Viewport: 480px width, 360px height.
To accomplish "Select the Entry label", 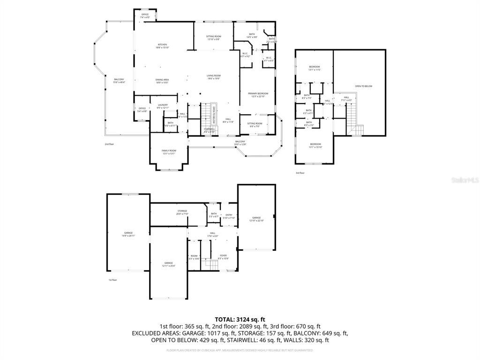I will coord(229,216).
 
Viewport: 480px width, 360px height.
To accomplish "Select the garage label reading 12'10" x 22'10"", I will coord(256,219).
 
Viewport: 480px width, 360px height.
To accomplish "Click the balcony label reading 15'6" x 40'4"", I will coord(119,81).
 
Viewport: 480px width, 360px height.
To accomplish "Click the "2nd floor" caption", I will coord(110,144).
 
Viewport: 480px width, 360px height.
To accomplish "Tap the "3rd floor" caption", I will coord(300,173).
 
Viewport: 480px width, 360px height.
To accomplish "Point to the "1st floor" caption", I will coord(112,280).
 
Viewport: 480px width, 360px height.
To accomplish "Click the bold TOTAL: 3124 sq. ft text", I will coord(240,319).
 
